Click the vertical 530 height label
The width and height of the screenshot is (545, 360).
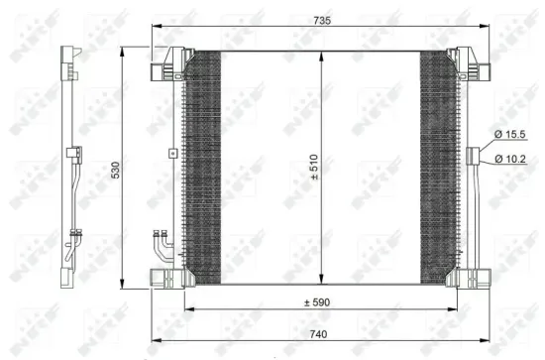117,171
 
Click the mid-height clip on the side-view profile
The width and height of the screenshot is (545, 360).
72,154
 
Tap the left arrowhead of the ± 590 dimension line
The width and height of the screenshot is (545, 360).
187,309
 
